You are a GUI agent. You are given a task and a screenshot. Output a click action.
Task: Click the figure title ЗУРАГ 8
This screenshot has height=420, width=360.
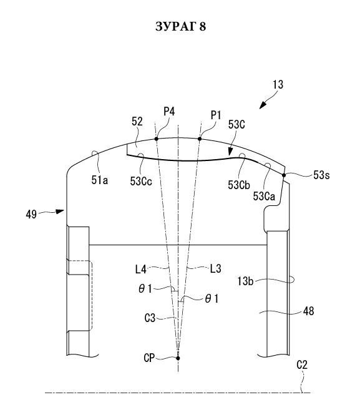point(180,26)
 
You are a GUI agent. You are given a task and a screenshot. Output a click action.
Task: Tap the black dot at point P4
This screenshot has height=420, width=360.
point(157,139)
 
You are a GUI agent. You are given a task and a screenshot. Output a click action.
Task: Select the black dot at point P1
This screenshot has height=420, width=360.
point(200,139)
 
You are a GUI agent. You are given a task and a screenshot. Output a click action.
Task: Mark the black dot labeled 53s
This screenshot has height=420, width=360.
point(284,175)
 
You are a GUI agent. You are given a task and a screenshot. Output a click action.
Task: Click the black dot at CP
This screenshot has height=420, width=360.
point(178,358)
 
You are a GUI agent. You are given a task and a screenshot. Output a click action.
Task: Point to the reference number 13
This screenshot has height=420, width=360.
point(278,85)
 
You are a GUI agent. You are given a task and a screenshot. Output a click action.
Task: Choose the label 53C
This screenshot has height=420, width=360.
point(236,125)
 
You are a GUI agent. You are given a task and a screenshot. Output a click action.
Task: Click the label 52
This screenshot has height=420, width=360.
point(137,122)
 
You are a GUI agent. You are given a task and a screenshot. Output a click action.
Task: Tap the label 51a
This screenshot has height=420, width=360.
point(100,180)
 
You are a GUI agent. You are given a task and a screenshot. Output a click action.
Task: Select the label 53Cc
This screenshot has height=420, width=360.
point(141,182)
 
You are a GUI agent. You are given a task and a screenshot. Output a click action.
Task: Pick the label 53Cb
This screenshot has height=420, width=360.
point(239,185)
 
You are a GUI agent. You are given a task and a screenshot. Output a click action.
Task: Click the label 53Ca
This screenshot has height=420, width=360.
point(264,197)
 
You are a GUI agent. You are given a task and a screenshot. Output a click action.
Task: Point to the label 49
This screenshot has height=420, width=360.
point(31,215)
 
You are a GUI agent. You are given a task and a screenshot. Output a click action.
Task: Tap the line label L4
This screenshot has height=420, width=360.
point(141,269)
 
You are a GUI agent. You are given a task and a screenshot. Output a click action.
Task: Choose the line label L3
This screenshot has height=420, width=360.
point(216,268)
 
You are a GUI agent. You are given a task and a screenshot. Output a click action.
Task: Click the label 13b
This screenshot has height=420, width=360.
point(245,281)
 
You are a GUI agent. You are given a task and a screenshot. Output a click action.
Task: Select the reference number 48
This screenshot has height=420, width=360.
point(308,311)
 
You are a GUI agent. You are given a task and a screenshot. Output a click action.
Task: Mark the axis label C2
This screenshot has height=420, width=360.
point(302,365)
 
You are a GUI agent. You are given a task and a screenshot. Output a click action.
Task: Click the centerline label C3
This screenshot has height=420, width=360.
point(150,318)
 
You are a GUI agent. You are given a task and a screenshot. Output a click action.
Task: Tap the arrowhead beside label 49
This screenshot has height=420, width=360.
point(60,212)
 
